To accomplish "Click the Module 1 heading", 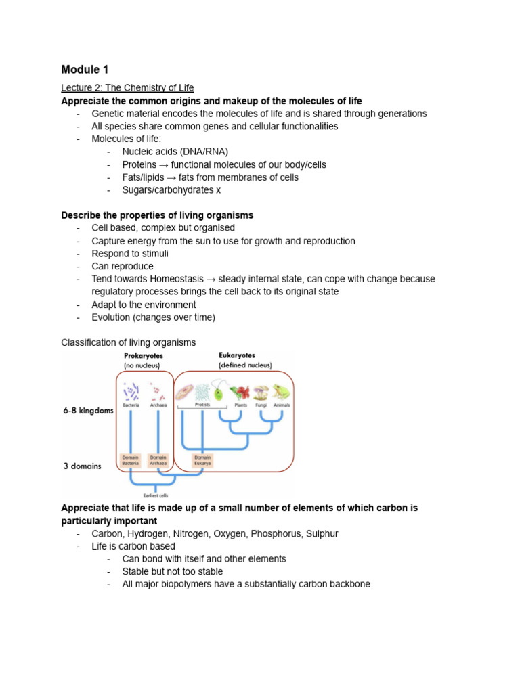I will tap(85, 69).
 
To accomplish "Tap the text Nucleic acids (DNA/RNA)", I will tap(175, 152).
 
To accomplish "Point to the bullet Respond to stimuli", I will tap(130, 254).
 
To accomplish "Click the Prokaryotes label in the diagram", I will tap(143, 355).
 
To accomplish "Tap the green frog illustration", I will tap(280, 392).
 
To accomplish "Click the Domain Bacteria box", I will tap(131, 460).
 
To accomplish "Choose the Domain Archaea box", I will tap(158, 460).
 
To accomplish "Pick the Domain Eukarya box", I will tap(202, 460).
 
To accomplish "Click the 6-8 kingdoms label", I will tap(87, 411).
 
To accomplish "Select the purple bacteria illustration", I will tap(131, 390).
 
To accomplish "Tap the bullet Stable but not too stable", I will tap(172, 571).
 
